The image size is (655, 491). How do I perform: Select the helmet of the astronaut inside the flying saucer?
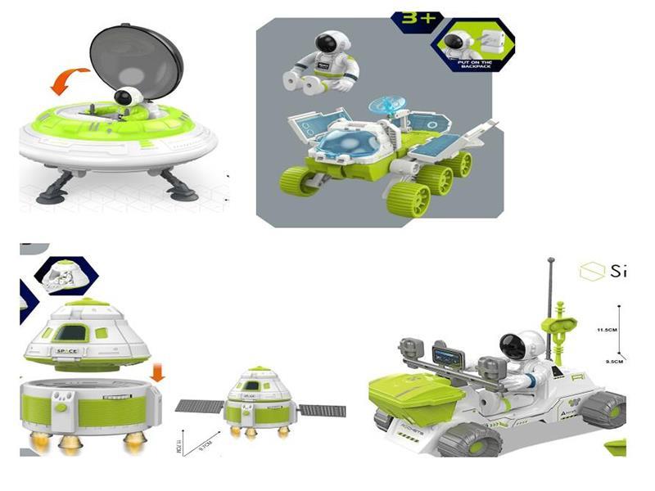point(124,98)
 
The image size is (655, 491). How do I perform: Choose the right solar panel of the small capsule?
point(321,409)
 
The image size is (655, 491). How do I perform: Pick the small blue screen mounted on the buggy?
point(448,357)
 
